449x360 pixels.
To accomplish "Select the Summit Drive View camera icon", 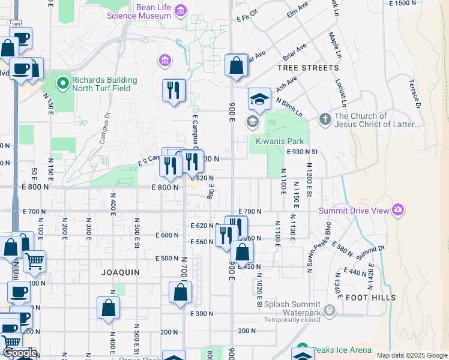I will coord(397,209).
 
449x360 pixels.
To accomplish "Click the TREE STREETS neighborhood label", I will coord(308,68).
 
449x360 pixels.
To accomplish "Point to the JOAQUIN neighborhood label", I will coord(120,272).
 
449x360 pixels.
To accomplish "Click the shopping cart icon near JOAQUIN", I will coord(34,262).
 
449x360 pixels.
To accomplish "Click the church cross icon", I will coord(325,119).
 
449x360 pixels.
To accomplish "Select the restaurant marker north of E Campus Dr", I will coord(173,90).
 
